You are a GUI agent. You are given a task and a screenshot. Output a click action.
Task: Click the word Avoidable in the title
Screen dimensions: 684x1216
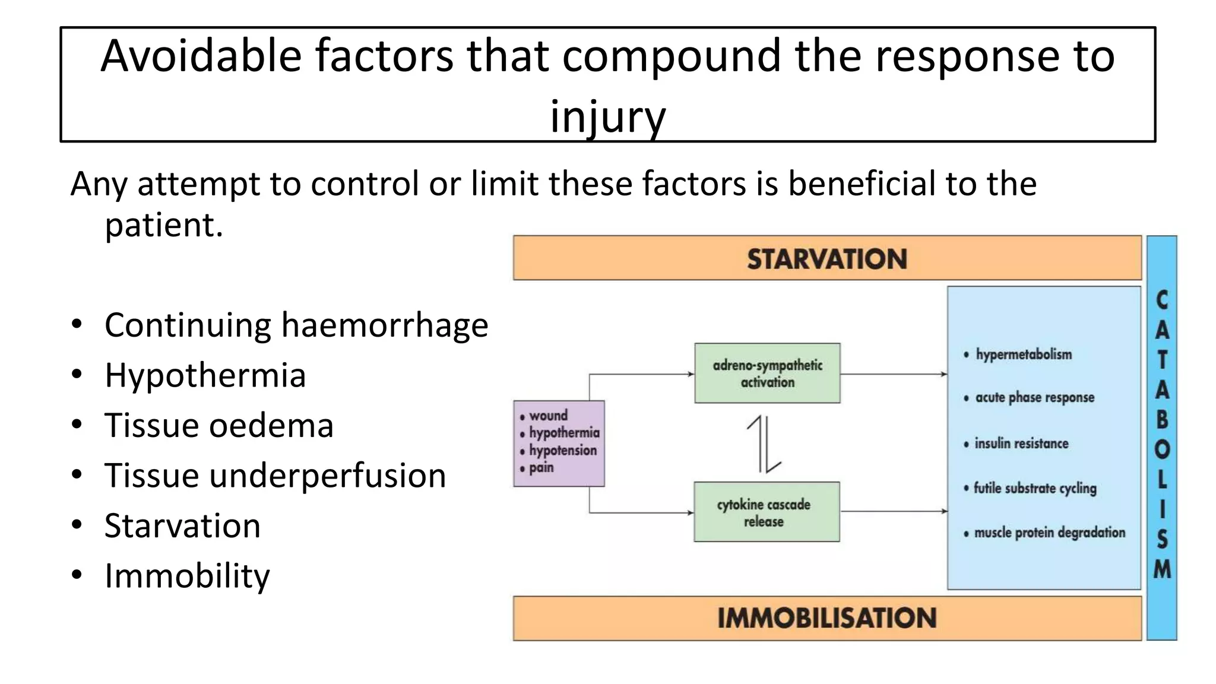tap(201, 56)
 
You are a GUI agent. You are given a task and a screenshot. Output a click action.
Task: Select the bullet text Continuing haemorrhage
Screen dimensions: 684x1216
tap(296, 325)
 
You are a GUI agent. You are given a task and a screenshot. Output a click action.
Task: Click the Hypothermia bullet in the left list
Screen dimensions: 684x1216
tap(205, 375)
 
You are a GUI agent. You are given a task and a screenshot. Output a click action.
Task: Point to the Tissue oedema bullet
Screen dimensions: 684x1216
tap(218, 426)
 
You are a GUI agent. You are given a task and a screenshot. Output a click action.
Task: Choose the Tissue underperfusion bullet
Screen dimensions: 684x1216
tap(275, 476)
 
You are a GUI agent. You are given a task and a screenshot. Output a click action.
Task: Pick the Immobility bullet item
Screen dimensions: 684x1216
tap(187, 576)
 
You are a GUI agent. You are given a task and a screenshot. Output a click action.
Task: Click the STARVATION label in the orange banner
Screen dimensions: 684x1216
tap(826, 259)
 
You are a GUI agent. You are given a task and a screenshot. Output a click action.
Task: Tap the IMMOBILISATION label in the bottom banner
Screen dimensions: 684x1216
tap(826, 618)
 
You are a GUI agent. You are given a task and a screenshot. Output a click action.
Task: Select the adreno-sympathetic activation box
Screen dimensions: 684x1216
tap(767, 373)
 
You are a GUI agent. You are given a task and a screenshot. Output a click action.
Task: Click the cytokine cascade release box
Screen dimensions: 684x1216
tap(766, 512)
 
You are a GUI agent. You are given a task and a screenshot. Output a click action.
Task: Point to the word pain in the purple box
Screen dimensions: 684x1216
tap(541, 468)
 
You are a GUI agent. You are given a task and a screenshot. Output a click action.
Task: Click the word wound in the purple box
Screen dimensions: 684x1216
tap(548, 416)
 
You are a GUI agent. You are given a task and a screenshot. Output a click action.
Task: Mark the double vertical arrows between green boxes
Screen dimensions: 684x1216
tap(764, 444)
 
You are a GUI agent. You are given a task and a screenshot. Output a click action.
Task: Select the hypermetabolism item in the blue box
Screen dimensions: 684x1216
tap(1023, 354)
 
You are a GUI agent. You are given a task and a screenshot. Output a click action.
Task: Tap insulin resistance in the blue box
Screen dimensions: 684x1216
tap(1021, 444)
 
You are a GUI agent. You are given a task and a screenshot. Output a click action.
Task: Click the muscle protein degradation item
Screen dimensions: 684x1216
tap(1049, 533)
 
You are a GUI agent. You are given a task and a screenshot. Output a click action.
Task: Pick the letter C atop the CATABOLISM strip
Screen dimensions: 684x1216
tap(1162, 300)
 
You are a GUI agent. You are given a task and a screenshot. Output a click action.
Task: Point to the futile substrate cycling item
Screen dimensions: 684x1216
tap(1034, 488)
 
